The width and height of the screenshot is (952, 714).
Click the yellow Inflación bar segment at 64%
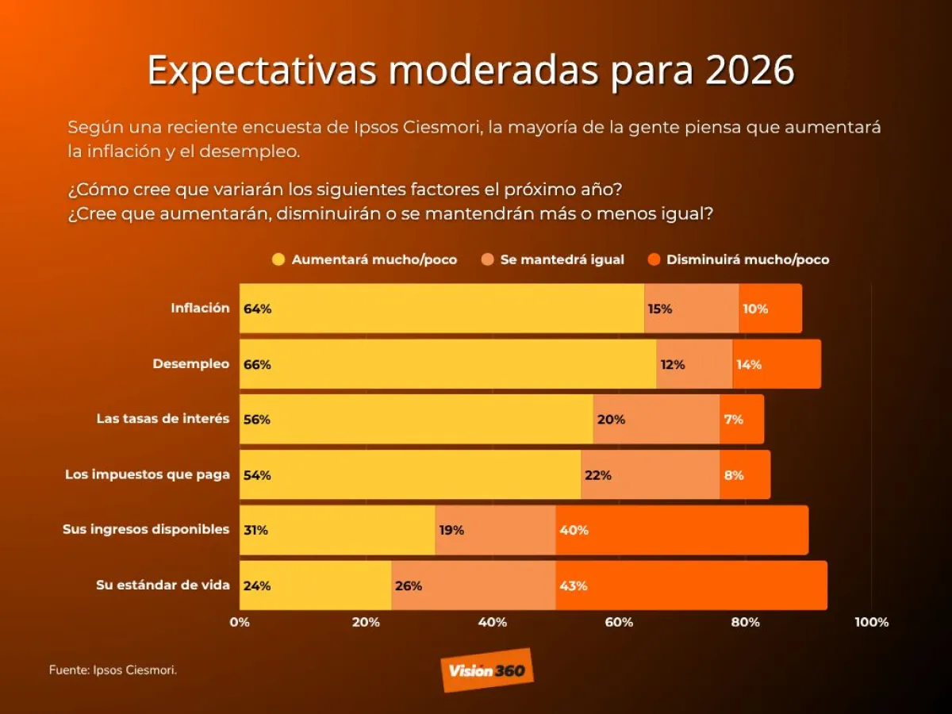coord(442,309)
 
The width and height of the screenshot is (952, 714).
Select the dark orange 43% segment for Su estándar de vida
coord(691,586)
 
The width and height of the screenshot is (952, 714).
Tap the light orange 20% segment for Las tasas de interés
coord(656,420)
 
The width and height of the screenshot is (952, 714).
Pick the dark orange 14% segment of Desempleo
coord(777,364)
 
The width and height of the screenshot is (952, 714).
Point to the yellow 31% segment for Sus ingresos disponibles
coord(337,531)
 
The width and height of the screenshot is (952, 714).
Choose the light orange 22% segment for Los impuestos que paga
coord(650,475)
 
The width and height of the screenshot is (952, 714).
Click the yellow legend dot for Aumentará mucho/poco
coord(278,259)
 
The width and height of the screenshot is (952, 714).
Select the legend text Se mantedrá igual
coord(562,259)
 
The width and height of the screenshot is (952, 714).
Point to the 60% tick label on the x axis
coord(619,622)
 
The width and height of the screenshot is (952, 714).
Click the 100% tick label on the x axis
coord(871,622)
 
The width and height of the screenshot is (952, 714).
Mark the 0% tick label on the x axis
coord(240,622)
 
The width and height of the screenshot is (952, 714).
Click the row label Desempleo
coord(191,364)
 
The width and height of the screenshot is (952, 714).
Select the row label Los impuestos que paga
coord(148,475)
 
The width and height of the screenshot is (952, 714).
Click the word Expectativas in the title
coord(262,71)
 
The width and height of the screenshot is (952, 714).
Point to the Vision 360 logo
coord(487,670)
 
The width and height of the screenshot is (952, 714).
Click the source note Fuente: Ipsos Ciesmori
coord(113,670)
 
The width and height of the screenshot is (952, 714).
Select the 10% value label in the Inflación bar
coord(754,309)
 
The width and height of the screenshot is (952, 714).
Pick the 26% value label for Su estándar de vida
coord(408,586)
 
